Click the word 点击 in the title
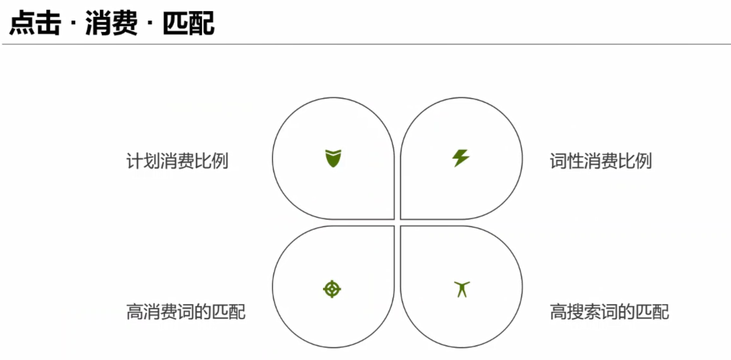pos(35,23)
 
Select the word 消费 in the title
pos(111,23)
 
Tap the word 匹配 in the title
pos(188,23)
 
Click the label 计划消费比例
pos(177,161)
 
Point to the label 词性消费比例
pos(601,161)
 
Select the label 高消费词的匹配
pos(186,312)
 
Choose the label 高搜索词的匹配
pos(609,312)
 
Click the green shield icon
pos(333,158)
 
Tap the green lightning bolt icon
pos(461,158)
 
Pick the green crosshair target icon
pos(332,289)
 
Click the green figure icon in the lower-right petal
pos(462,289)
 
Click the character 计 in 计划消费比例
pos(135,161)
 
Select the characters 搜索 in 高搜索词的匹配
pos(584,312)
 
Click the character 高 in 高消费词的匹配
pos(135,312)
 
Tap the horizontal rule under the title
pos(366,44)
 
